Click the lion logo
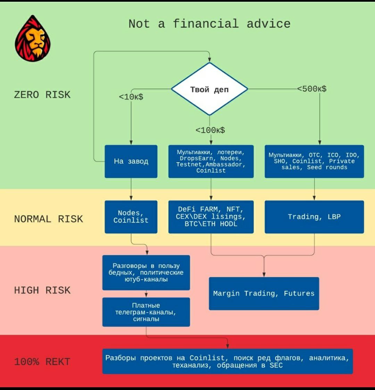coord(33,38)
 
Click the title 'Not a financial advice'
coord(209,24)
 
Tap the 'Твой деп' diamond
coord(210,89)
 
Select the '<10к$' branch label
coord(131,97)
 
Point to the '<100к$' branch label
coord(210,130)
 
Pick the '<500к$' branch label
coord(312,89)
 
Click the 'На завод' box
coord(131,162)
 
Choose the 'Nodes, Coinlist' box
coord(131,217)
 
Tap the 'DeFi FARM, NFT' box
coord(211,217)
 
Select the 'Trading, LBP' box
coord(314,217)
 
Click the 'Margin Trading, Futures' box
coord(264,294)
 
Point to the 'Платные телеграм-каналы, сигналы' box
coord(146,312)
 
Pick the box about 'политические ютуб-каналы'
coord(146,272)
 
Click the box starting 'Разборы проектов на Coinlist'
coord(227,361)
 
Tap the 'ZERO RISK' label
coord(42,95)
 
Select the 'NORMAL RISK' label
coord(49,219)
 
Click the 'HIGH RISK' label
coord(42,290)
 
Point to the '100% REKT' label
coord(42,362)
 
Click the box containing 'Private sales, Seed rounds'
coord(314,162)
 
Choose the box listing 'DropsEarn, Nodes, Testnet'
coord(211,162)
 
